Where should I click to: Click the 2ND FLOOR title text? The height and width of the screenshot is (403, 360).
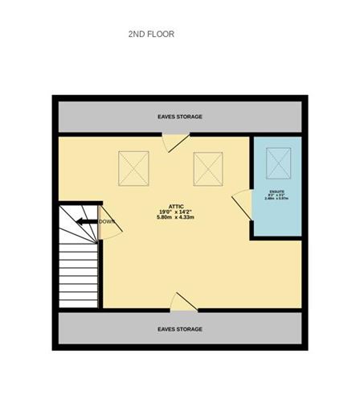tap(151, 35)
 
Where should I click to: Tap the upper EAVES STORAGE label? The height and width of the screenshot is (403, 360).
tap(179, 117)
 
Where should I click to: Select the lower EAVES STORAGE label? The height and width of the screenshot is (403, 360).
tap(179, 329)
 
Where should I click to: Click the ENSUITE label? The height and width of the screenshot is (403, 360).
tap(276, 191)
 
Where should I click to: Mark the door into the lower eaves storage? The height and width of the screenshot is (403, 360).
tap(183, 302)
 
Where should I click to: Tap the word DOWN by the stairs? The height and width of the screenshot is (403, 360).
tap(106, 222)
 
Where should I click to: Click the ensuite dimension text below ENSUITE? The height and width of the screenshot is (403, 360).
tap(276, 198)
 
